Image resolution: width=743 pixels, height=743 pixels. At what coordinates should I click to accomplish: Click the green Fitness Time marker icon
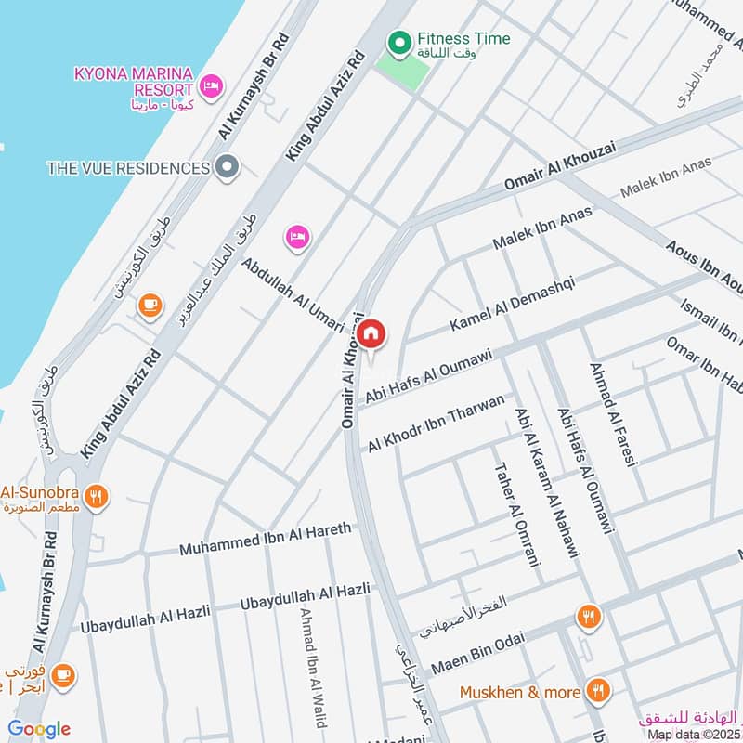399,41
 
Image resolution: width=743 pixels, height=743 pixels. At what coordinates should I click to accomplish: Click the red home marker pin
371,333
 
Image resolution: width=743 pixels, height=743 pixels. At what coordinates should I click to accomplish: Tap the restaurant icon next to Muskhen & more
600,691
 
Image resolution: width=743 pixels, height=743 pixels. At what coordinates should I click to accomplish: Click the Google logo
39,729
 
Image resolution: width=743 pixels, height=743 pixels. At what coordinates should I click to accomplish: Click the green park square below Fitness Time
402,69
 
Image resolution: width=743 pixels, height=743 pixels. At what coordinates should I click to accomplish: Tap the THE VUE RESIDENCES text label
128,168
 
